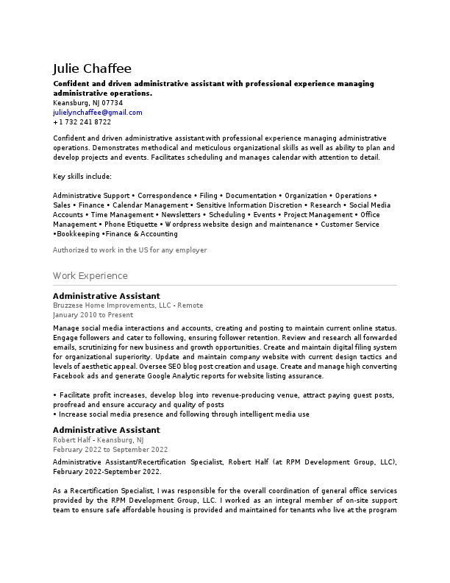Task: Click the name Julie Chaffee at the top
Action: click(92, 68)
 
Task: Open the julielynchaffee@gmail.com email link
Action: click(98, 113)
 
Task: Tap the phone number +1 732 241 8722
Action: click(82, 122)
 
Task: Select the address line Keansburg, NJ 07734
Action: click(87, 103)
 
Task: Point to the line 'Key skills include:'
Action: click(82, 177)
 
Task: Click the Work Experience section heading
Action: click(90, 276)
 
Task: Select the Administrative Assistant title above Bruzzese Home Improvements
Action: click(106, 296)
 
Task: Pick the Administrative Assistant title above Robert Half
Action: click(106, 430)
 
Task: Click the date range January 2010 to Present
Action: click(93, 314)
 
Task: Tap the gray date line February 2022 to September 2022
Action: click(110, 449)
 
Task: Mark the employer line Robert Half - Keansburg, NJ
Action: click(99, 439)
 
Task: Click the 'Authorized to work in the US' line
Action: click(129, 250)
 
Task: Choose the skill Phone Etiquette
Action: click(131, 225)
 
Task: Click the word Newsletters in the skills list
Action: click(180, 215)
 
